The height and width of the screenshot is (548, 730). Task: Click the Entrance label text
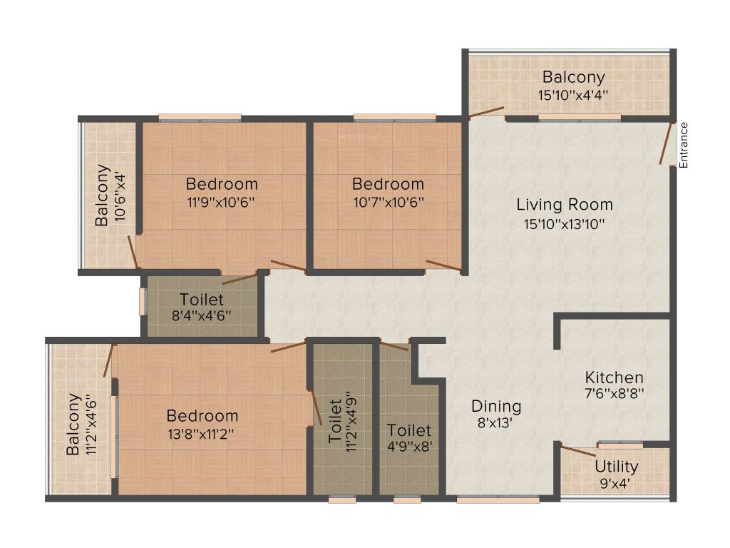pyautogui.click(x=684, y=146)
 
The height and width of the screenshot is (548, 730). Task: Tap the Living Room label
pyautogui.click(x=565, y=205)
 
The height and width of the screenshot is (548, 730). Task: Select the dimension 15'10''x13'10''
pyautogui.click(x=565, y=223)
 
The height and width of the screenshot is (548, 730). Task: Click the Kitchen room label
pyautogui.click(x=614, y=377)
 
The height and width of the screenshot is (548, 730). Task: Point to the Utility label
pyautogui.click(x=617, y=467)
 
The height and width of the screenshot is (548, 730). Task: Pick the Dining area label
pyautogui.click(x=496, y=406)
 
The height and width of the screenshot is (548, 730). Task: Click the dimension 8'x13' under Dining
pyautogui.click(x=496, y=422)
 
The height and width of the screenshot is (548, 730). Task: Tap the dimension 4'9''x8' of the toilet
pyautogui.click(x=409, y=448)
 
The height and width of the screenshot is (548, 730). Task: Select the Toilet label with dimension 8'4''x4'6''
pyautogui.click(x=202, y=300)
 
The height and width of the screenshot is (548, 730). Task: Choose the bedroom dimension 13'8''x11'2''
pyautogui.click(x=202, y=433)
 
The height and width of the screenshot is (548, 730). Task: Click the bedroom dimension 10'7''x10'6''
pyautogui.click(x=388, y=202)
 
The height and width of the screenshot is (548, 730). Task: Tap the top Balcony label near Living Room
pyautogui.click(x=573, y=77)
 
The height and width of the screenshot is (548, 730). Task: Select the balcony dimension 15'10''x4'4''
pyautogui.click(x=573, y=94)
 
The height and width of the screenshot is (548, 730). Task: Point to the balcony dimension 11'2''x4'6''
pyautogui.click(x=91, y=425)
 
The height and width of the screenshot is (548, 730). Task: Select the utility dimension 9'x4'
pyautogui.click(x=617, y=484)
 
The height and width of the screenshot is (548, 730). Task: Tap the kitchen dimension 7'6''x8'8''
pyautogui.click(x=614, y=394)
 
